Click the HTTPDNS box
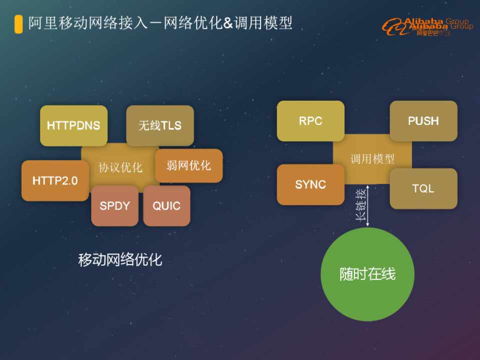[x=74, y=125]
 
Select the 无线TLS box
[x=160, y=125]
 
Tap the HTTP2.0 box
[x=55, y=180]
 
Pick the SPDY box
[x=115, y=205]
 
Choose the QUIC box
[x=167, y=205]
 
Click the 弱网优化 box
[x=189, y=165]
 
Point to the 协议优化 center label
[x=120, y=167]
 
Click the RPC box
[x=310, y=121]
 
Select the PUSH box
[x=423, y=121]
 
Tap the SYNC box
[x=310, y=184]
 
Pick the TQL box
[x=423, y=188]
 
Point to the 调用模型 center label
[x=372, y=159]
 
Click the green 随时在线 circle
[x=367, y=274]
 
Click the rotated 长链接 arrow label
[x=359, y=205]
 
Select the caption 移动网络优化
[x=120, y=260]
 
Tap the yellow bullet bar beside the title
[x=19, y=23]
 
